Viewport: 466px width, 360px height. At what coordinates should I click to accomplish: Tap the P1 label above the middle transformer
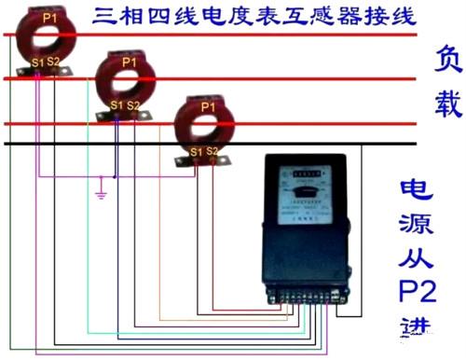click(130, 61)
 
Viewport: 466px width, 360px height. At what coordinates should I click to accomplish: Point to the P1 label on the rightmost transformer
click(207, 107)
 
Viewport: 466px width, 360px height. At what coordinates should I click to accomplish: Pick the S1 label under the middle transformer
click(116, 105)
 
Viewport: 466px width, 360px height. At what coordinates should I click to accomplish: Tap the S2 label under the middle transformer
click(133, 105)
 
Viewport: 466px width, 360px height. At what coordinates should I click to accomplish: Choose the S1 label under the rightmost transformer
click(196, 150)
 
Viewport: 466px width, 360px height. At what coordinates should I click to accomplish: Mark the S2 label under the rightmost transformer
click(212, 150)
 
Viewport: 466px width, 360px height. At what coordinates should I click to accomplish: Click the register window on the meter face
click(297, 172)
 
